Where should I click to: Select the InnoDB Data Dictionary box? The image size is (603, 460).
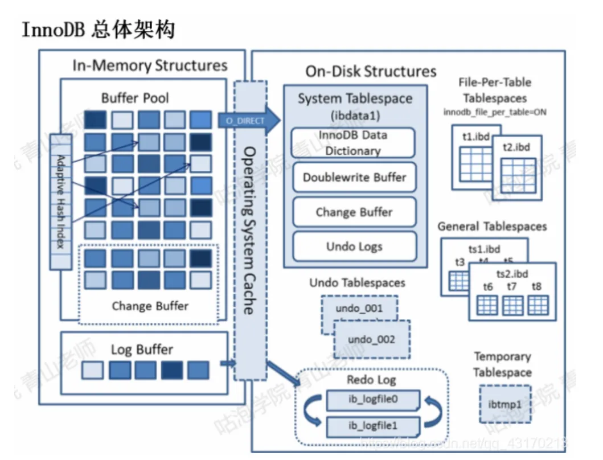354,143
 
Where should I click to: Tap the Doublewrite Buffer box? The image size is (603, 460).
354,177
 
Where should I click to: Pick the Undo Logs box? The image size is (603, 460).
354,247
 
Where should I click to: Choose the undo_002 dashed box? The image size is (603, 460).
371,339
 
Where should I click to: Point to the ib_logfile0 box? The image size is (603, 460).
373,400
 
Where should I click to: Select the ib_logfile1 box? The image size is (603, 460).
373,426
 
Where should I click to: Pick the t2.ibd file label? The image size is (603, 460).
516,147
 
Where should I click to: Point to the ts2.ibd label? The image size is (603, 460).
512,274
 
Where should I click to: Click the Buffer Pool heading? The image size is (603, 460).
135,97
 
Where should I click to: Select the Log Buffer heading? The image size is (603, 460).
142,349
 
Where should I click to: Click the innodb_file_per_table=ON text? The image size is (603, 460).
495,112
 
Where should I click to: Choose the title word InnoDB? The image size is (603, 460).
54,30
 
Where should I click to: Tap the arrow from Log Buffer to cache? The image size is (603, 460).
228,363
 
